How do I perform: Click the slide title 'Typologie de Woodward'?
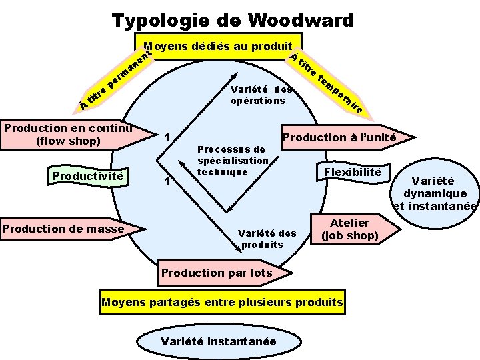[x=233, y=21]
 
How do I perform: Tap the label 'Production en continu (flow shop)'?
[x=67, y=134]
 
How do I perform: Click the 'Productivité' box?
[x=87, y=176]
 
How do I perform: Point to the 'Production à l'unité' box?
[x=340, y=138]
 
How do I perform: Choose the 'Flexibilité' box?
[x=353, y=173]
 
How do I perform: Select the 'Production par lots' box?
[x=217, y=272]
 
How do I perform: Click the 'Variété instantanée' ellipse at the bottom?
[x=218, y=341]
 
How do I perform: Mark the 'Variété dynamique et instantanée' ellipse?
[x=435, y=193]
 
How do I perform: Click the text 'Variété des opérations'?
[x=261, y=95]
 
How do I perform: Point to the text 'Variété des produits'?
[x=267, y=239]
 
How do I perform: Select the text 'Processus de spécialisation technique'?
[x=232, y=161]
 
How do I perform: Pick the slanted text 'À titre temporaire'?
[x=328, y=83]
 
